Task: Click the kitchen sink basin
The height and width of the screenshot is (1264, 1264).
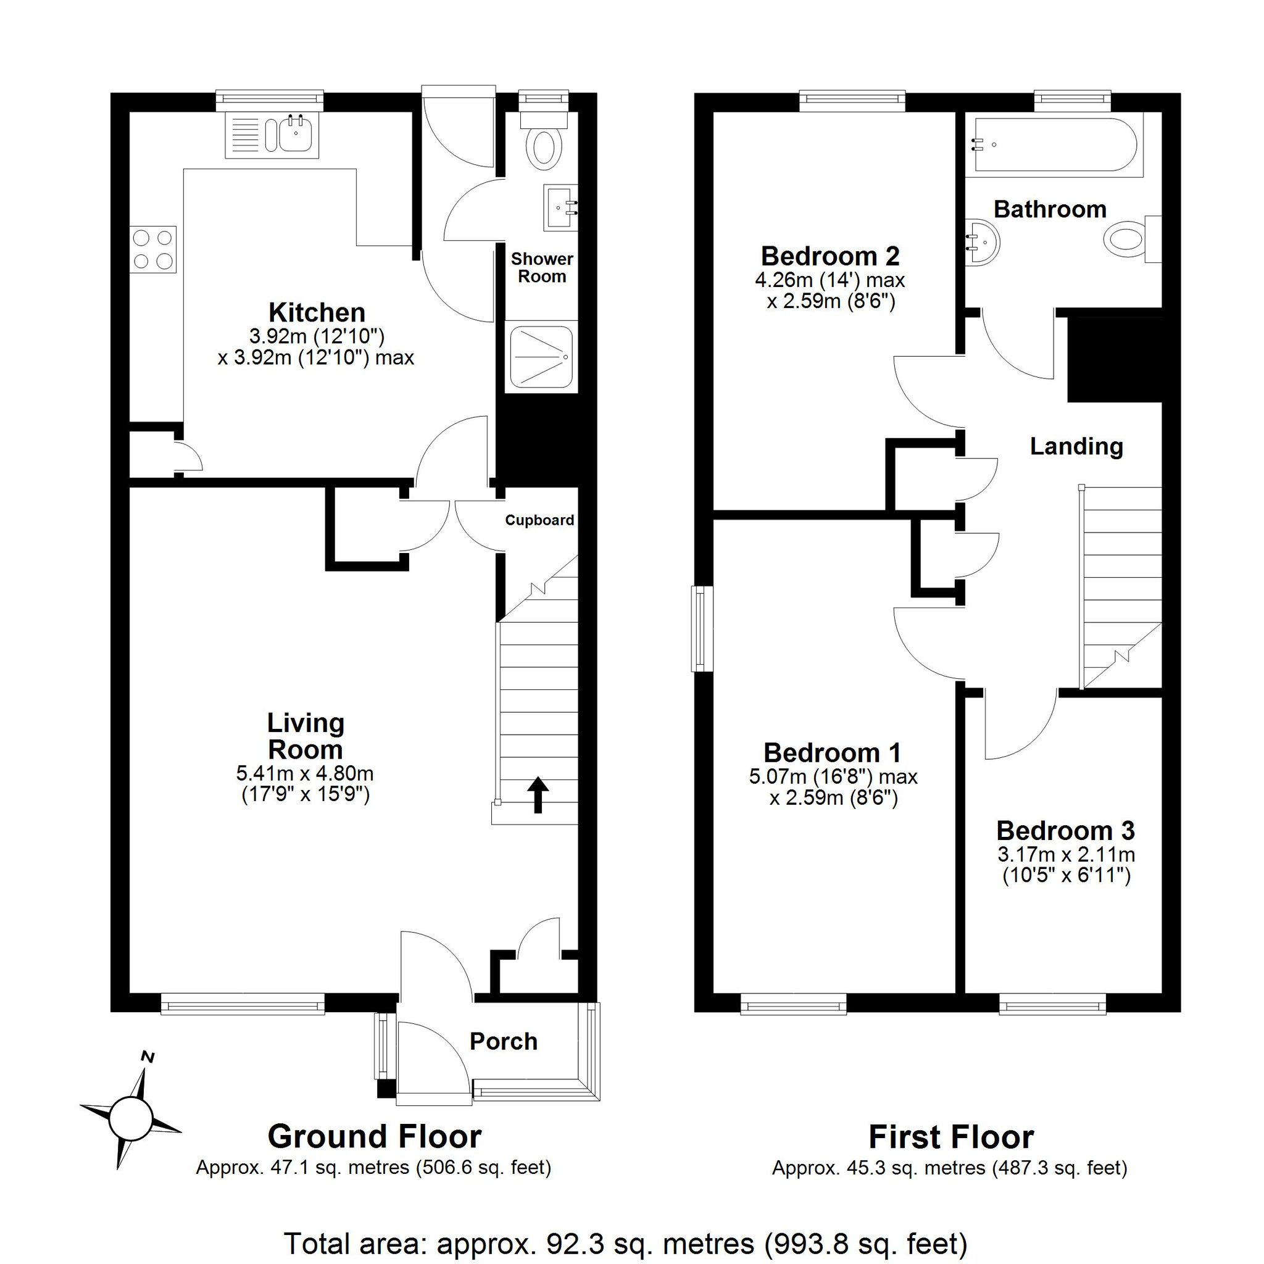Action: [296, 134]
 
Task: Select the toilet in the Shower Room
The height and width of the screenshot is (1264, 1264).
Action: [543, 141]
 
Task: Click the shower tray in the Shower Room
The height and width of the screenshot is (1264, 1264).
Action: [541, 357]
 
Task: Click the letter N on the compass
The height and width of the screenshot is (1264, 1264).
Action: [149, 1057]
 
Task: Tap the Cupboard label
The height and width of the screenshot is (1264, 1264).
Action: [539, 520]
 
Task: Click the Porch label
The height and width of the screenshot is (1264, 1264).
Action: [503, 1042]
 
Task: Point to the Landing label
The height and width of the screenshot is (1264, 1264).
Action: [1076, 446]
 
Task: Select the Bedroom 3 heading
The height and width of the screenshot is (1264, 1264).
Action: [1065, 830]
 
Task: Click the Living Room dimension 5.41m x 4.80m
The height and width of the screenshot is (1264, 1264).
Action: [305, 773]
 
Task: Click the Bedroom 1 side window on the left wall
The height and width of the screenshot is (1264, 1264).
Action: [702, 629]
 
